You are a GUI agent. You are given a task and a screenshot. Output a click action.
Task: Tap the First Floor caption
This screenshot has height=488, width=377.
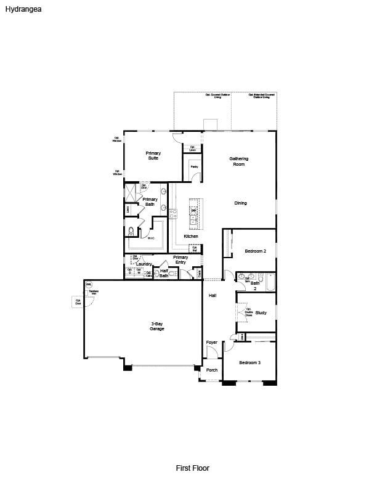[192, 468]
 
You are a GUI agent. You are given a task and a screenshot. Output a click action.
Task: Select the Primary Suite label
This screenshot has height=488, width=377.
[153, 155]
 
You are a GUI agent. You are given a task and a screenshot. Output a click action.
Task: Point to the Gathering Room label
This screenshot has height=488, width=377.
[238, 161]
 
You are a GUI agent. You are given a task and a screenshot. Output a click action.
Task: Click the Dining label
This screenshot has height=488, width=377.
[240, 203]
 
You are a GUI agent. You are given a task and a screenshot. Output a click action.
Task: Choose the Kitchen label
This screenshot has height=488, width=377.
[191, 237]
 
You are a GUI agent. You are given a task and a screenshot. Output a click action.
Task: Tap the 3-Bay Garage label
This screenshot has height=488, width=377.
[156, 327]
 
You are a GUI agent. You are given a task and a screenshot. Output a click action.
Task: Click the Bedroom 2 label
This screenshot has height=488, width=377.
[255, 251]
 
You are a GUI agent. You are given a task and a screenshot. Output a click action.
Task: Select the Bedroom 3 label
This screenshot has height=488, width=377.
[249, 362]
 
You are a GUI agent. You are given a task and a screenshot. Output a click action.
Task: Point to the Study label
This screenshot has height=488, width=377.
[261, 313]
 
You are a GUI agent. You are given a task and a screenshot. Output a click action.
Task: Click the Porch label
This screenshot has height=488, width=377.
[211, 370]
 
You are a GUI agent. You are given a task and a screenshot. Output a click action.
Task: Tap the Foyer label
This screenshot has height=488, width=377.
[211, 343]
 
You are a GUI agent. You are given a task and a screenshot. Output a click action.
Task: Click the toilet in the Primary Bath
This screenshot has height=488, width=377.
[131, 232]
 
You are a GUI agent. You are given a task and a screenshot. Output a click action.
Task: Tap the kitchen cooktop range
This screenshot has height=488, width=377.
[173, 214]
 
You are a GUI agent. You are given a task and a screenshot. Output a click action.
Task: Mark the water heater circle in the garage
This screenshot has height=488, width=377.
[89, 285]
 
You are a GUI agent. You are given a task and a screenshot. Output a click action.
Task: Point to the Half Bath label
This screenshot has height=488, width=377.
[164, 273]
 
